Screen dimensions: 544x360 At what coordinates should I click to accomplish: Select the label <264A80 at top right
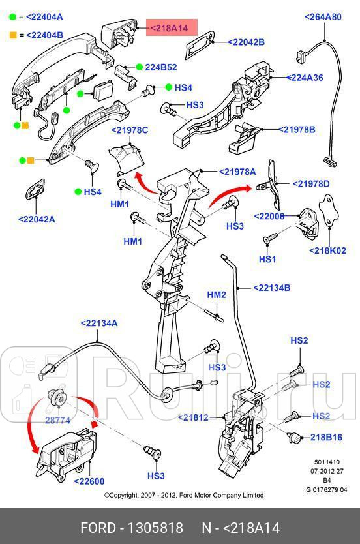323,17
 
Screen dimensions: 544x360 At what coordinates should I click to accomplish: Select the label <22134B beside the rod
272,288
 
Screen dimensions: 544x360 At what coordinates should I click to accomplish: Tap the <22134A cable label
99,323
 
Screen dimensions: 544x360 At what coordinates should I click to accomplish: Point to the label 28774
57,421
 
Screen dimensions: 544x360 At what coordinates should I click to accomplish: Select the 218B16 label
325,438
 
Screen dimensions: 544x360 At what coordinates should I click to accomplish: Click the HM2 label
217,295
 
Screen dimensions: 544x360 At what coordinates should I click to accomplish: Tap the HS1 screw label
267,259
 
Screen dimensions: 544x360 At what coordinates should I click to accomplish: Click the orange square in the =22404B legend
13,35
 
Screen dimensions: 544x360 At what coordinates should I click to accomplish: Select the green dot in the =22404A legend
13,16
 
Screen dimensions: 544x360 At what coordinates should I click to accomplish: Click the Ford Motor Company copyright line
184,496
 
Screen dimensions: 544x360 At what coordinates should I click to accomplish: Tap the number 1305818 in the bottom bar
160,528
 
